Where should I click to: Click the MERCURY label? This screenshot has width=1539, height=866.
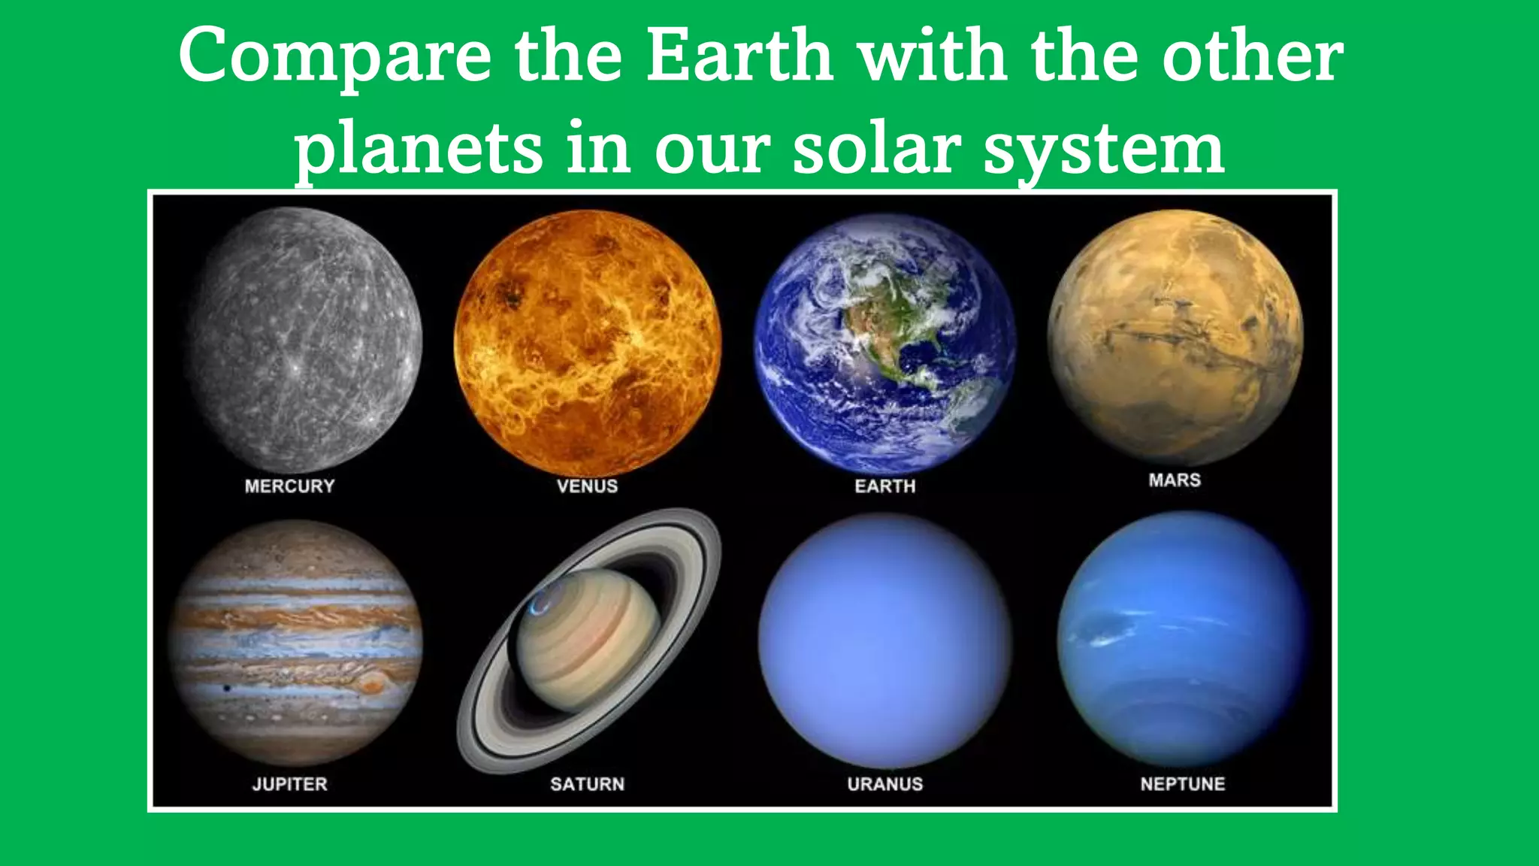click(x=289, y=486)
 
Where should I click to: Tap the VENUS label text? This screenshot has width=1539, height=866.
click(x=587, y=486)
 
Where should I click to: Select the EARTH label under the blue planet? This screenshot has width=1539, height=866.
click(x=884, y=486)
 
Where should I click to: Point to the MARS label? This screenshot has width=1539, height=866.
click(x=1175, y=480)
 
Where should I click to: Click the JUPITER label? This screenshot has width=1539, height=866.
click(x=289, y=784)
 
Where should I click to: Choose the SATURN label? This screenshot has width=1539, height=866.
click(x=587, y=784)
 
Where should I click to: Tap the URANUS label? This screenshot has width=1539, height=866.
click(x=884, y=784)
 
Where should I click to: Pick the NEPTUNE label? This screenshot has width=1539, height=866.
click(x=1182, y=784)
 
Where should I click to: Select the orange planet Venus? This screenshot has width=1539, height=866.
click(x=587, y=343)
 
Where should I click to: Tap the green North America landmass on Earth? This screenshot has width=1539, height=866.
click(x=887, y=338)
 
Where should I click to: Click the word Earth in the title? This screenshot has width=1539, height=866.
click(x=739, y=56)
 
